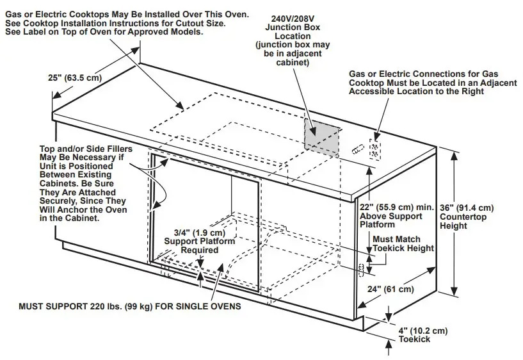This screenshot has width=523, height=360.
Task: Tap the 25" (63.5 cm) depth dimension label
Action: point(74,78)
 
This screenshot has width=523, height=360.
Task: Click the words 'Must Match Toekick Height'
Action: point(403,243)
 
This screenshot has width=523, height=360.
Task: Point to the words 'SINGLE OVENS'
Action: point(212,306)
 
